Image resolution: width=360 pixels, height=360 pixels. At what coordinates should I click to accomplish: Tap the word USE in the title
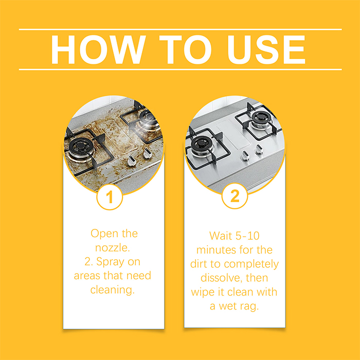(266, 49)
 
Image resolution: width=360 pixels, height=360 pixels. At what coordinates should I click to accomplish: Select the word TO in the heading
(185, 49)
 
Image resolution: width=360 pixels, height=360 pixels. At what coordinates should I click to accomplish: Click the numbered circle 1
(110, 197)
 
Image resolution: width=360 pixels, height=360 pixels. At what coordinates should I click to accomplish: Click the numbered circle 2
(235, 196)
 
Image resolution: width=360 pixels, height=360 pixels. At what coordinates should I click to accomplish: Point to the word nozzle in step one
(113, 248)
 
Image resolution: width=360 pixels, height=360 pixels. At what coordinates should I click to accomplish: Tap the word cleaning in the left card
(112, 290)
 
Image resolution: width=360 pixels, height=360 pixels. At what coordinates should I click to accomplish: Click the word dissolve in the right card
(221, 278)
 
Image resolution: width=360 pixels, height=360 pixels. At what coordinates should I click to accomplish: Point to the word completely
(251, 264)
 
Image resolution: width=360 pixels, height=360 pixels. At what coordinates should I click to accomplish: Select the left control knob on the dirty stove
(131, 160)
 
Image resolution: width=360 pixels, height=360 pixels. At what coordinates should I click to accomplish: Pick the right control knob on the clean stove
(259, 149)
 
